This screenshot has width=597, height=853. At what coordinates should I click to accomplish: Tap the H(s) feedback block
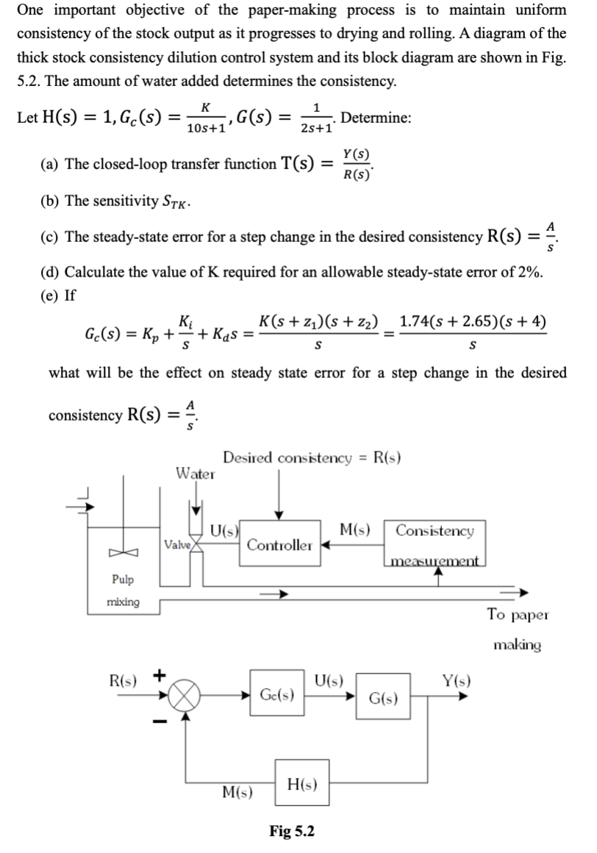coord(303,785)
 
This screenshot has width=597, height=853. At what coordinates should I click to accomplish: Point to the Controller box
coord(279,545)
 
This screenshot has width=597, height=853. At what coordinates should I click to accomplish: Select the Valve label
coord(177,545)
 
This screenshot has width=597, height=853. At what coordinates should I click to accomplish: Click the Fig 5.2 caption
coord(292,831)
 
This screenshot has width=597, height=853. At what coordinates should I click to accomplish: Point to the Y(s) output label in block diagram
coord(457,681)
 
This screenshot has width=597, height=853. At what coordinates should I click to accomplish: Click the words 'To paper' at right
coord(518,615)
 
